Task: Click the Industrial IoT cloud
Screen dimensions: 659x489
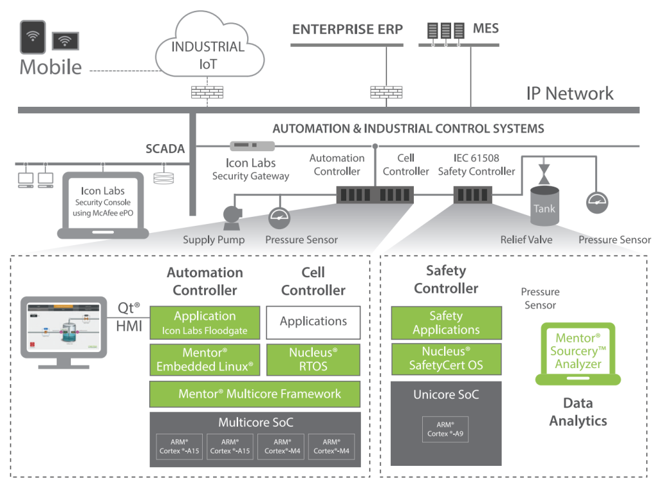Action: pyautogui.click(x=209, y=46)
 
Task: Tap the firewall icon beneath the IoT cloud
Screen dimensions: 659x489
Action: pyautogui.click(x=207, y=92)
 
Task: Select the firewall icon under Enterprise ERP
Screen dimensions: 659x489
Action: pyautogui.click(x=386, y=92)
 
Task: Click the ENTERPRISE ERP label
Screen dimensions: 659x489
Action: pyautogui.click(x=348, y=30)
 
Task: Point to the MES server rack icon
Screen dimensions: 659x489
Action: pyautogui.click(x=446, y=31)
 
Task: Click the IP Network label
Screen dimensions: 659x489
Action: pyautogui.click(x=570, y=93)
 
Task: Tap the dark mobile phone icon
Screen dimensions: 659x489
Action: pyautogui.click(x=33, y=37)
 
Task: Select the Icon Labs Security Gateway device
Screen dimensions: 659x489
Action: pyautogui.click(x=252, y=145)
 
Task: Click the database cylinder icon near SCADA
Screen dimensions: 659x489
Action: pyautogui.click(x=163, y=178)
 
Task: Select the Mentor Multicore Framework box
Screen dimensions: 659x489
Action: pyautogui.click(x=255, y=394)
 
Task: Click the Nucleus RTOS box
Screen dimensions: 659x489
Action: pyautogui.click(x=313, y=360)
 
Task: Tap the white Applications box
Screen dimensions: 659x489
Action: pyautogui.click(x=313, y=322)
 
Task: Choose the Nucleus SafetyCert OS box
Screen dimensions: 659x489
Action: pyautogui.click(x=447, y=359)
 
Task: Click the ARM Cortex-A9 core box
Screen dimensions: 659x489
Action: pyautogui.click(x=445, y=429)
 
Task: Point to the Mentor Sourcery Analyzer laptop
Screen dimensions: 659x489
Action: pyautogui.click(x=578, y=354)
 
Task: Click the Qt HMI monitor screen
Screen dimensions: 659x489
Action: pyautogui.click(x=64, y=327)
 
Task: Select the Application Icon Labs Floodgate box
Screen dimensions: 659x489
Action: pyautogui.click(x=205, y=322)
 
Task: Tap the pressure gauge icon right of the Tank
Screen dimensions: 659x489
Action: pyautogui.click(x=597, y=202)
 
